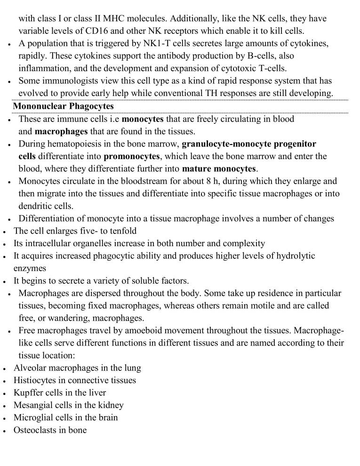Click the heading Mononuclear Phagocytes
[x=63, y=106]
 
